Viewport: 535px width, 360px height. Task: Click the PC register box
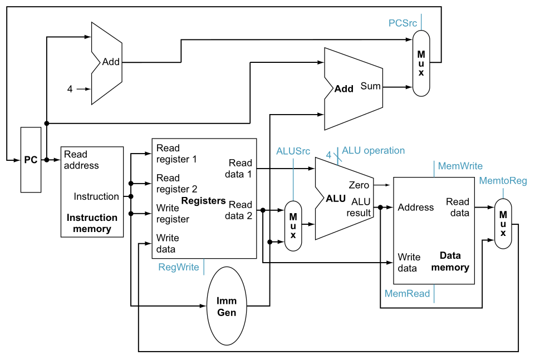[x=31, y=160]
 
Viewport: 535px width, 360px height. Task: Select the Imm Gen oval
[x=226, y=307]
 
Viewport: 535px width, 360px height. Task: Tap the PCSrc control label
[x=403, y=23]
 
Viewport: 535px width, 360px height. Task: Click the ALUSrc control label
[x=293, y=151]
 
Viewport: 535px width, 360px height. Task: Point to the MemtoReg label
[x=503, y=181]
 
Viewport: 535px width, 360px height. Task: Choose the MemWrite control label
[x=460, y=166]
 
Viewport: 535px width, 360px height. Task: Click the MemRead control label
[x=407, y=293]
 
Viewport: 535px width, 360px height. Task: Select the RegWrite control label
[x=179, y=267]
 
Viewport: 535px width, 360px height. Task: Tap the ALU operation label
[x=373, y=150]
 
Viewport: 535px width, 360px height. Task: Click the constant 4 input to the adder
[x=70, y=88]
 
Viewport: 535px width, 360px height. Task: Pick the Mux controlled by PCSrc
[x=421, y=62]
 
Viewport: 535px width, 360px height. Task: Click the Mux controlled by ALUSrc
[x=293, y=225]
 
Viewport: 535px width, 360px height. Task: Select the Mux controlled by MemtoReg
[x=503, y=224]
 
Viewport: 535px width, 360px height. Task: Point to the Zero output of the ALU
[x=359, y=185]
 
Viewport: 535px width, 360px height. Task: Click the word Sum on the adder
[x=371, y=86]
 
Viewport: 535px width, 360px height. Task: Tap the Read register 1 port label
[x=176, y=154]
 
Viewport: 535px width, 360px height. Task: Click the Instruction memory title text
[x=92, y=223]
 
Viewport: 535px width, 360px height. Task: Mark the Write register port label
[x=173, y=214]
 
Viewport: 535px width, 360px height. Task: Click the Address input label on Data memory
[x=415, y=208]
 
